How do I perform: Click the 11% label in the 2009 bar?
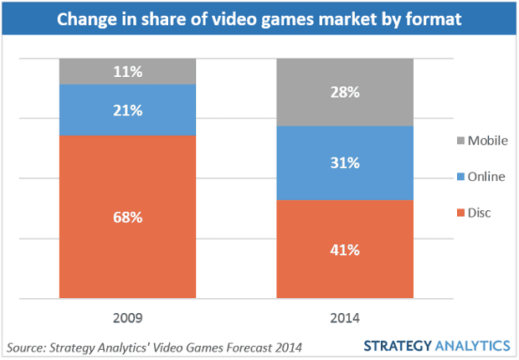(x=128, y=72)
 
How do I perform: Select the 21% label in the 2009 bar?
(x=128, y=109)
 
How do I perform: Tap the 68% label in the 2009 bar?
(x=128, y=218)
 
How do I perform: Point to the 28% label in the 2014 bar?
(x=345, y=92)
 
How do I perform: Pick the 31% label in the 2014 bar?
(x=345, y=164)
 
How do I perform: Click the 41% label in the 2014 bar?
(x=345, y=249)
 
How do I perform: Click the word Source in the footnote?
(x=27, y=346)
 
